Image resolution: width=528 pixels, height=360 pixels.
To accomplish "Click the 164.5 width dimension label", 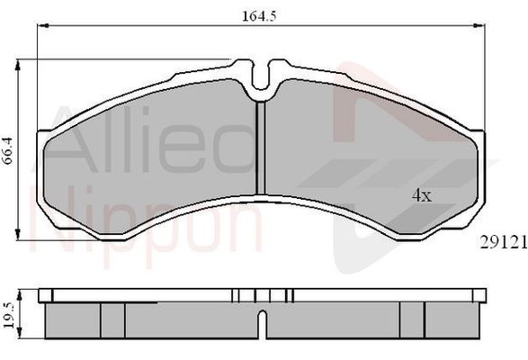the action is coord(259,16).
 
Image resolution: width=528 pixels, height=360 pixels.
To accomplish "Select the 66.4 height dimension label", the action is coord(7,150).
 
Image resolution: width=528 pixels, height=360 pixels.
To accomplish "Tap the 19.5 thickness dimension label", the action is coord(9,314).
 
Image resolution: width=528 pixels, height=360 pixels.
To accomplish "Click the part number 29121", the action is coord(504,242).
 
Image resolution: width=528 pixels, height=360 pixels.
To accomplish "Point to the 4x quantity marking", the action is coord(422,195).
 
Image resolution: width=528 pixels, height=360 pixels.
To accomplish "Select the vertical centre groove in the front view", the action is coord(261,148).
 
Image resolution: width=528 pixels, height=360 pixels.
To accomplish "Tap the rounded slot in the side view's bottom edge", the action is coord(263,324).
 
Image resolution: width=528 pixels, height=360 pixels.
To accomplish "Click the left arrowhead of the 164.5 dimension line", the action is coord(43,25).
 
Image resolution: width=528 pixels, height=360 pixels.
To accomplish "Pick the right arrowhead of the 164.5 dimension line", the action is coord(479,25).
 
